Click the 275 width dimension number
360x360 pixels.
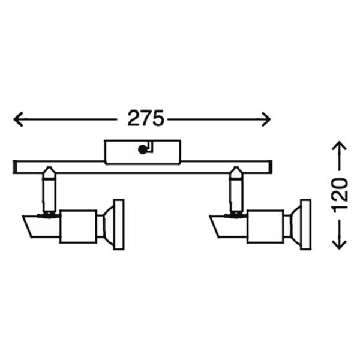tap(146, 118)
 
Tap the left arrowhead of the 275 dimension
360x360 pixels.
tap(19, 119)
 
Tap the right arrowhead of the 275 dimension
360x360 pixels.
tap(266, 119)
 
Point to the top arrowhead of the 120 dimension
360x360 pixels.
tap(339, 146)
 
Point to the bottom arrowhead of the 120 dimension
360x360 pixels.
tap(339, 244)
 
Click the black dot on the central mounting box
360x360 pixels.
tap(142, 149)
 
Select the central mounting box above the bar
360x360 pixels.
tap(143, 152)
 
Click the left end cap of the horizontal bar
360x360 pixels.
tap(14, 167)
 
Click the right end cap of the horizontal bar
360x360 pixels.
tap(270, 167)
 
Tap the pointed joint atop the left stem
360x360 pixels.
tap(49, 172)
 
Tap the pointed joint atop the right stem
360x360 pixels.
tap(236, 172)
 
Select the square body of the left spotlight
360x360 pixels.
tap(78, 226)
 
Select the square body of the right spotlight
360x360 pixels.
tap(265, 226)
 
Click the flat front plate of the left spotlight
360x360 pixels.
tap(119, 224)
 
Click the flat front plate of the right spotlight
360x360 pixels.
tap(306, 224)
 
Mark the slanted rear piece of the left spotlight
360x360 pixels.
tap(42, 226)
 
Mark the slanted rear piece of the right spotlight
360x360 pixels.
tap(229, 226)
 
